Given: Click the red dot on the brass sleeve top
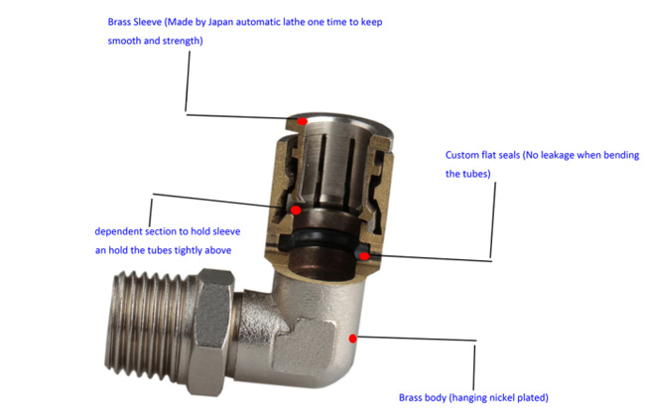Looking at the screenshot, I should click(304, 121).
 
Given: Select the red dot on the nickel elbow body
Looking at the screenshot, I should click(353, 339).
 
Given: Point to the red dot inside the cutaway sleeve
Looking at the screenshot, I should click(296, 210).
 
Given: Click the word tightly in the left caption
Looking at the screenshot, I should click(189, 250).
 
